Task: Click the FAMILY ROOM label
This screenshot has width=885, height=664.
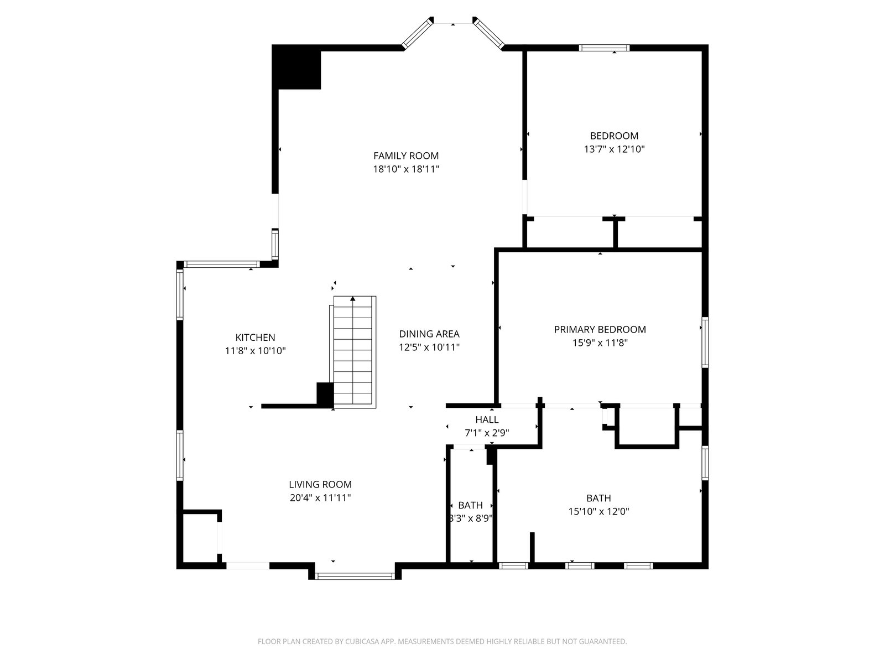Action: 405,155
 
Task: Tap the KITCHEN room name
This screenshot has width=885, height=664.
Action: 255,338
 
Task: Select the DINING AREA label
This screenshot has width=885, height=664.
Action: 429,334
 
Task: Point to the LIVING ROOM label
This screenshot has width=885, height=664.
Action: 320,484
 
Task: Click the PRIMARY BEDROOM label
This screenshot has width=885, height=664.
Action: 600,329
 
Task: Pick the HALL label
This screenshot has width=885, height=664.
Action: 487,419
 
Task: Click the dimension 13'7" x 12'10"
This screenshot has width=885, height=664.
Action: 614,149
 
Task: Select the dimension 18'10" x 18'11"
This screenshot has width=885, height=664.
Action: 405,169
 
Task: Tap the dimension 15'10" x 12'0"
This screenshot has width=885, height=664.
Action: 598,512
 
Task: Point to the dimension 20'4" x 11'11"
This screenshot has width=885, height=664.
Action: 320,498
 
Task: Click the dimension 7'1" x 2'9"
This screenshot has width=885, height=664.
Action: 487,433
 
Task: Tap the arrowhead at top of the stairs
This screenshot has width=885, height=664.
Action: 353,299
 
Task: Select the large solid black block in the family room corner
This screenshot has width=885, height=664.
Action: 296,67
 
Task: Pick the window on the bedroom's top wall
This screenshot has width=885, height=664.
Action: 604,48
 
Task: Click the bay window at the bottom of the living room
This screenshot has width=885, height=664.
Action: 355,576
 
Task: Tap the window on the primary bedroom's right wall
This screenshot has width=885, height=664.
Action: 705,343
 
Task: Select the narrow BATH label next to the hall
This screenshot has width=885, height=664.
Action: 470,505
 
